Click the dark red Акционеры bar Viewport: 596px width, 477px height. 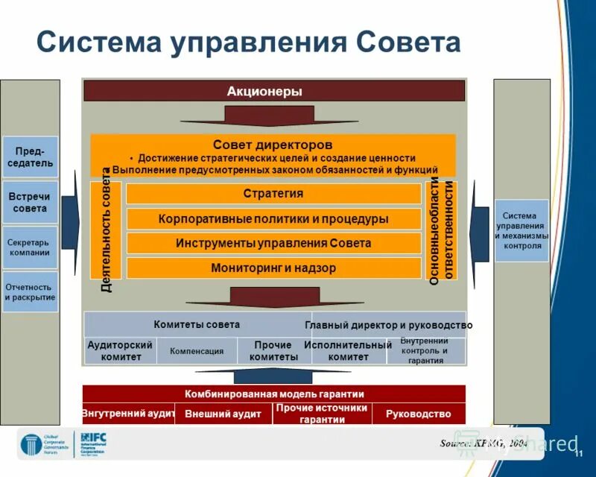(x=273, y=91)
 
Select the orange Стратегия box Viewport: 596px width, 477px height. (x=273, y=194)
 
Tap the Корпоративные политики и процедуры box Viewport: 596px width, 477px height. (x=273, y=219)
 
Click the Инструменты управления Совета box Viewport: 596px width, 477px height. (x=273, y=243)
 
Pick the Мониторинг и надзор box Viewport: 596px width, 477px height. (x=273, y=268)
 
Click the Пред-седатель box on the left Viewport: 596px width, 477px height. (x=30, y=157)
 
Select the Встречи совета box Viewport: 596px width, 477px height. (x=30, y=203)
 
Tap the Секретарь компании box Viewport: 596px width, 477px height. (x=30, y=247)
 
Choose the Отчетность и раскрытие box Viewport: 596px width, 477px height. (x=30, y=292)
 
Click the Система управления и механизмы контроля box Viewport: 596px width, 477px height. (x=521, y=230)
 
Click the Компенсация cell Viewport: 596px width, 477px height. (x=197, y=351)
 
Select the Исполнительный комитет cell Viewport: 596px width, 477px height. (x=347, y=351)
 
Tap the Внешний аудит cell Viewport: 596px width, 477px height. (x=223, y=414)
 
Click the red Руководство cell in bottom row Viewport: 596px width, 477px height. (x=418, y=414)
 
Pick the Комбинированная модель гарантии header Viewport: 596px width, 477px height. (x=273, y=394)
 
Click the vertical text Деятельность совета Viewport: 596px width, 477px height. (x=106, y=231)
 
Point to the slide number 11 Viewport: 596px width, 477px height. (x=577, y=455)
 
